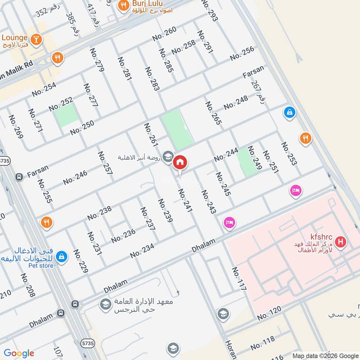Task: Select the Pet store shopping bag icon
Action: tap(62, 256)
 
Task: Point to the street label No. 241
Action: tap(185, 200)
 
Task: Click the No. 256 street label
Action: tap(242, 53)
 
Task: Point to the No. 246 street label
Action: tap(75, 177)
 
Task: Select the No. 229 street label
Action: tap(81, 261)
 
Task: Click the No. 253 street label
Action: tap(289, 153)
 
